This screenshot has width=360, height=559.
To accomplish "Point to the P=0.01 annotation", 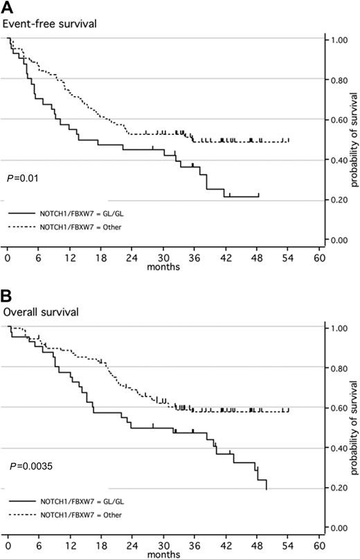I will pos(24,179).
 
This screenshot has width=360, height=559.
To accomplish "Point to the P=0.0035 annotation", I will pos(28,467).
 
